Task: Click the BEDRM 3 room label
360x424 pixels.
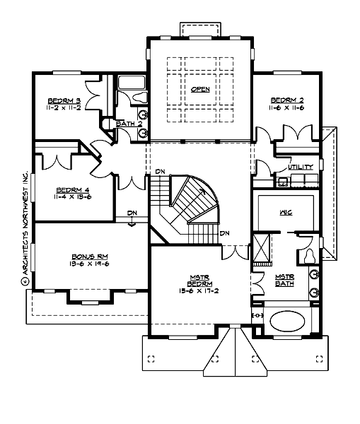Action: [x=64, y=101]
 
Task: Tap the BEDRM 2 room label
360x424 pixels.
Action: [x=287, y=100]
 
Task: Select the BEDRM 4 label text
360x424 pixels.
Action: [x=71, y=190]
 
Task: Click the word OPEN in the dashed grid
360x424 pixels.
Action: [x=200, y=89]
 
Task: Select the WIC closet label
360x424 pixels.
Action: [x=286, y=211]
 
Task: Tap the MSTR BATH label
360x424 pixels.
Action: [x=286, y=281]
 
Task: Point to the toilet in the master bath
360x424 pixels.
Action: [x=310, y=255]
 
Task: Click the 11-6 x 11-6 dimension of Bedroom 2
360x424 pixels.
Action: [x=287, y=107]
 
